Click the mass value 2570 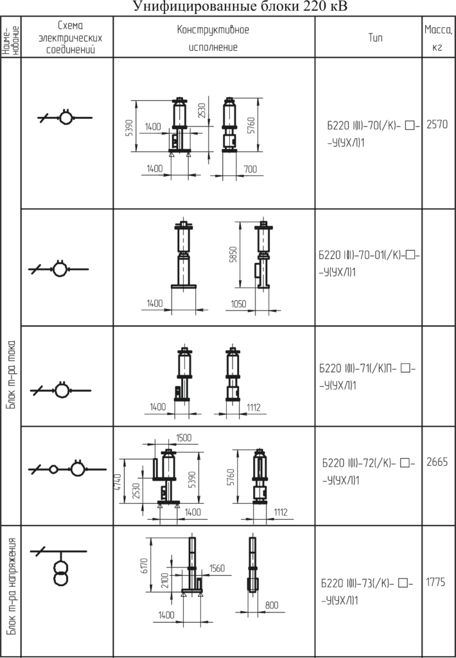click(437, 125)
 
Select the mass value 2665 click(437, 462)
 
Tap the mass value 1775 click(435, 582)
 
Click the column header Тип click(376, 38)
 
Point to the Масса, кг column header click(439, 38)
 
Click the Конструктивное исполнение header click(213, 38)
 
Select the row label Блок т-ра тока click(12, 375)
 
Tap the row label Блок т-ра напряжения click(13, 586)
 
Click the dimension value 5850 click(234, 254)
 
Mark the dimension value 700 click(250, 169)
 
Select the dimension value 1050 click(238, 303)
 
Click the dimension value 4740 click(118, 482)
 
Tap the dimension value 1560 click(217, 568)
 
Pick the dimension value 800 click(272, 605)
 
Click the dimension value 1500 click(184, 438)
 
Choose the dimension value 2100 click(164, 580)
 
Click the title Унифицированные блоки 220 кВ click(240, 6)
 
